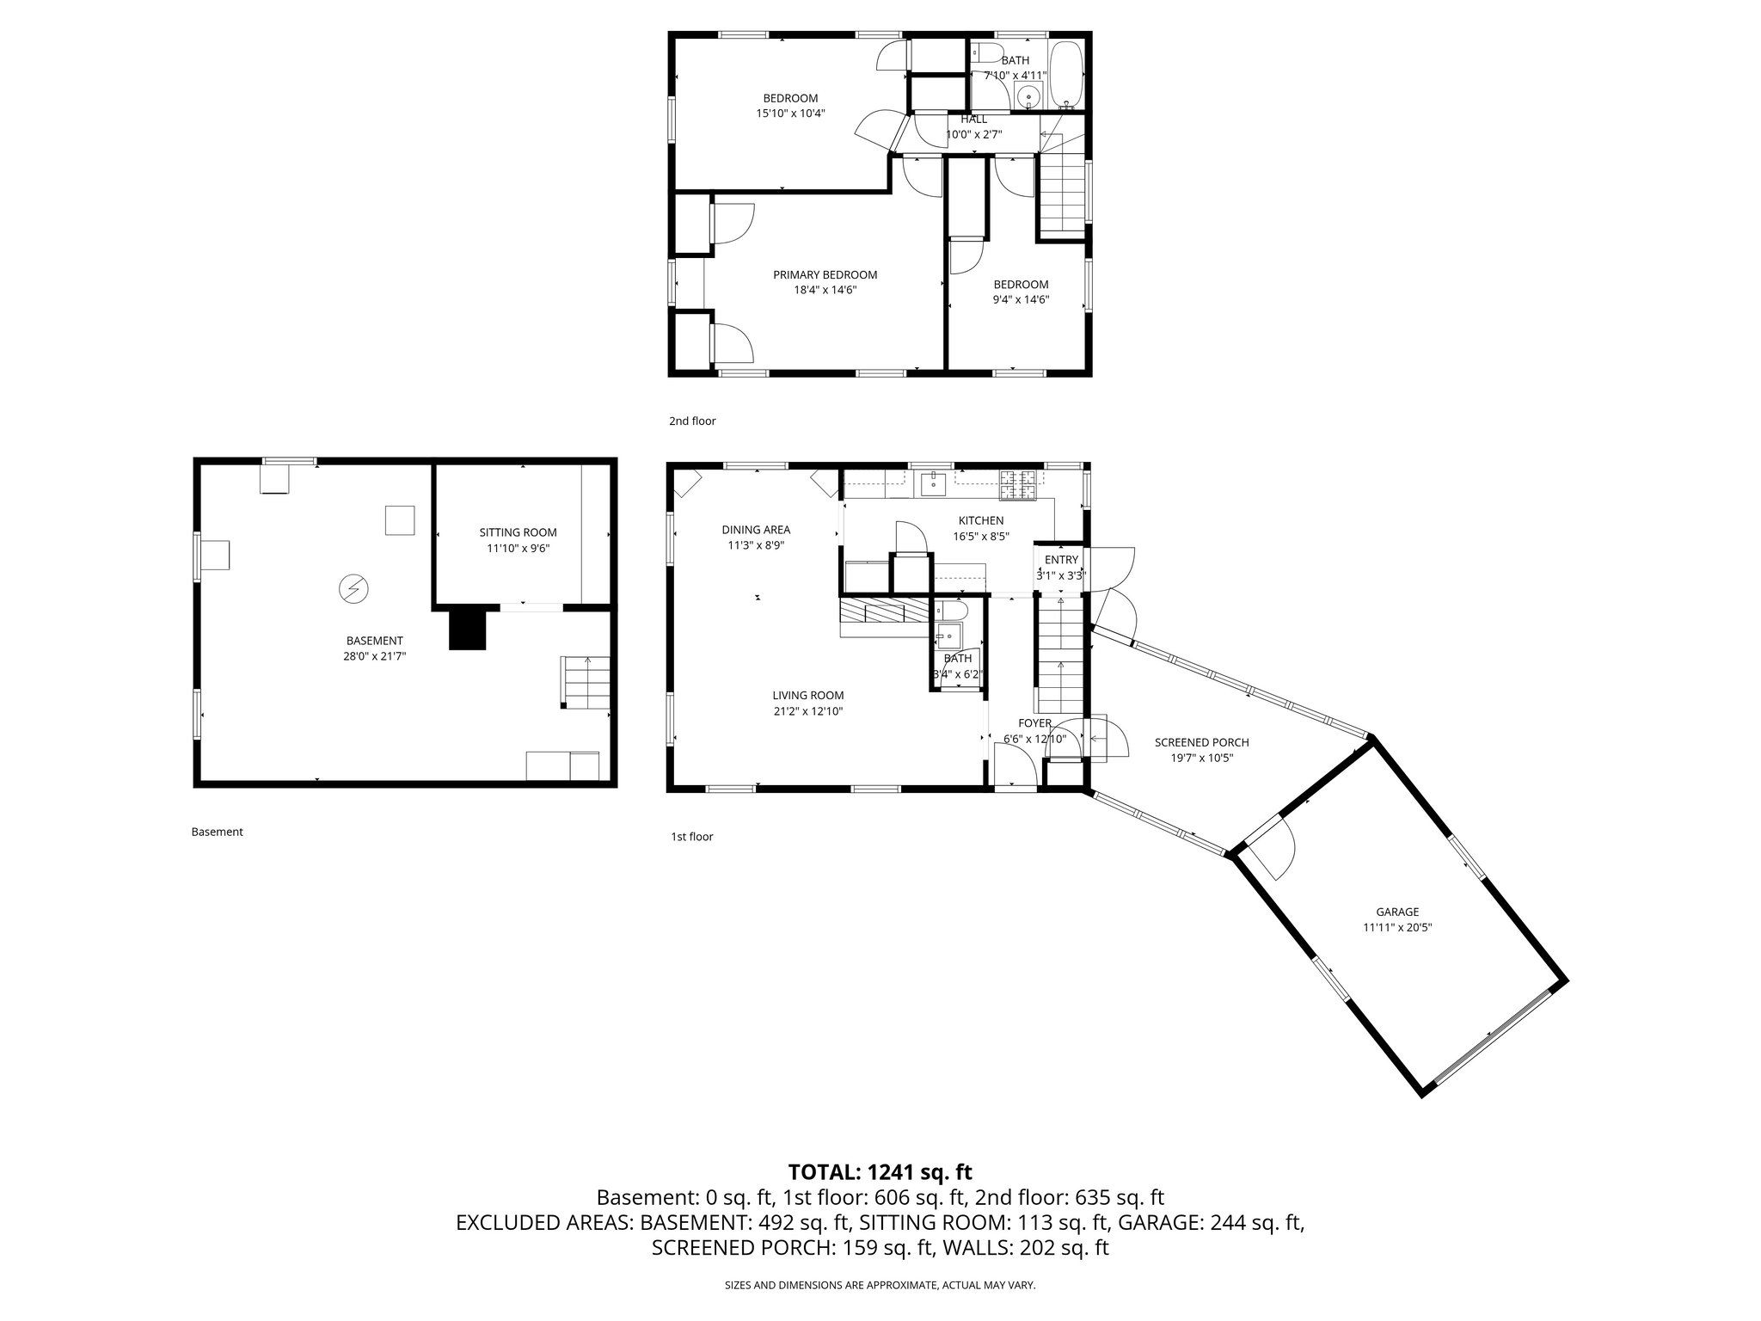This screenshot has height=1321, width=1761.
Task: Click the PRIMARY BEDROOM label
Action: click(825, 275)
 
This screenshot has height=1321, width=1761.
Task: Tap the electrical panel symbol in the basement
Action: click(353, 589)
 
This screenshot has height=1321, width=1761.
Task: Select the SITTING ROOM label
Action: click(518, 532)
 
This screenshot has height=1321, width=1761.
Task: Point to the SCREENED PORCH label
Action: click(1201, 742)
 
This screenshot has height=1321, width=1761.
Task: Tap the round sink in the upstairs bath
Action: click(1028, 96)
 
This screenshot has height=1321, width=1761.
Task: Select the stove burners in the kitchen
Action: click(1019, 486)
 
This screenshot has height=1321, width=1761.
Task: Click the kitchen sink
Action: click(933, 484)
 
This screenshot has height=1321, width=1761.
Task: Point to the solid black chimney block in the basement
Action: click(468, 628)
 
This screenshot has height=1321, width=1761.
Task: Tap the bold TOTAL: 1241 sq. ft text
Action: click(880, 1171)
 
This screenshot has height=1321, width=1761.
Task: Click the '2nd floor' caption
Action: click(692, 421)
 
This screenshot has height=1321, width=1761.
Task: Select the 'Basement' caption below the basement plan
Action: click(217, 832)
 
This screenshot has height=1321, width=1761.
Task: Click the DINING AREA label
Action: click(756, 530)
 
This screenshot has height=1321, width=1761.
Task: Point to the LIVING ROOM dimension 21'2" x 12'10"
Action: click(807, 711)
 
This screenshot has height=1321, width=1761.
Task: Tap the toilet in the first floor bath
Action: click(951, 611)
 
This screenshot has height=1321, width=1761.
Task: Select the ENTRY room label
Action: click(1061, 560)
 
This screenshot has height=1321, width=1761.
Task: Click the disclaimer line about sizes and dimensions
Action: click(880, 1285)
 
